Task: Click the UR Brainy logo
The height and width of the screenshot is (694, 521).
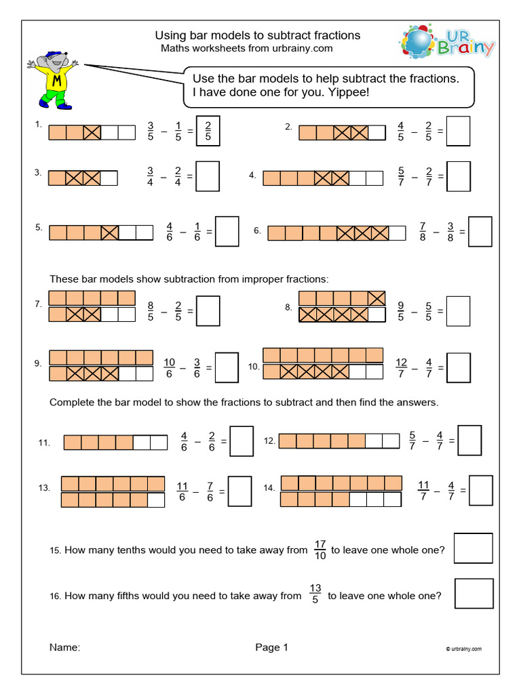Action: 446,42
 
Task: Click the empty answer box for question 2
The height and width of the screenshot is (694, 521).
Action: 459,131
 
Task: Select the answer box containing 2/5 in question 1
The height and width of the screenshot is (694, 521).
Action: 208,131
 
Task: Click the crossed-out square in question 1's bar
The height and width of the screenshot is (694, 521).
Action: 92,132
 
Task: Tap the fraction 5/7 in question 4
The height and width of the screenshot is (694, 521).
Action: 402,176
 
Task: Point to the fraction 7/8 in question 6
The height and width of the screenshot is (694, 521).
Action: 423,232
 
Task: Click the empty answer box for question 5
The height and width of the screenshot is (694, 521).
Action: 227,231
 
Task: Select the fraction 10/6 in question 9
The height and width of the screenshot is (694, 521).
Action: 169,367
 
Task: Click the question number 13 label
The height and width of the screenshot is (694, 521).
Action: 44,488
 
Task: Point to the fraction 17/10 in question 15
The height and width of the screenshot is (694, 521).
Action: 320,550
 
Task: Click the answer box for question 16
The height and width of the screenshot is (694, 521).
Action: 474,593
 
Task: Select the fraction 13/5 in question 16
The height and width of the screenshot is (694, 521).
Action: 315,596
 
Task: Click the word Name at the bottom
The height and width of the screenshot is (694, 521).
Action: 64,647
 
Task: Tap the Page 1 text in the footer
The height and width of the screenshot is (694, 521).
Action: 271,647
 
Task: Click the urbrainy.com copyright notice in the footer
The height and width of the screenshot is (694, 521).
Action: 464,649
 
